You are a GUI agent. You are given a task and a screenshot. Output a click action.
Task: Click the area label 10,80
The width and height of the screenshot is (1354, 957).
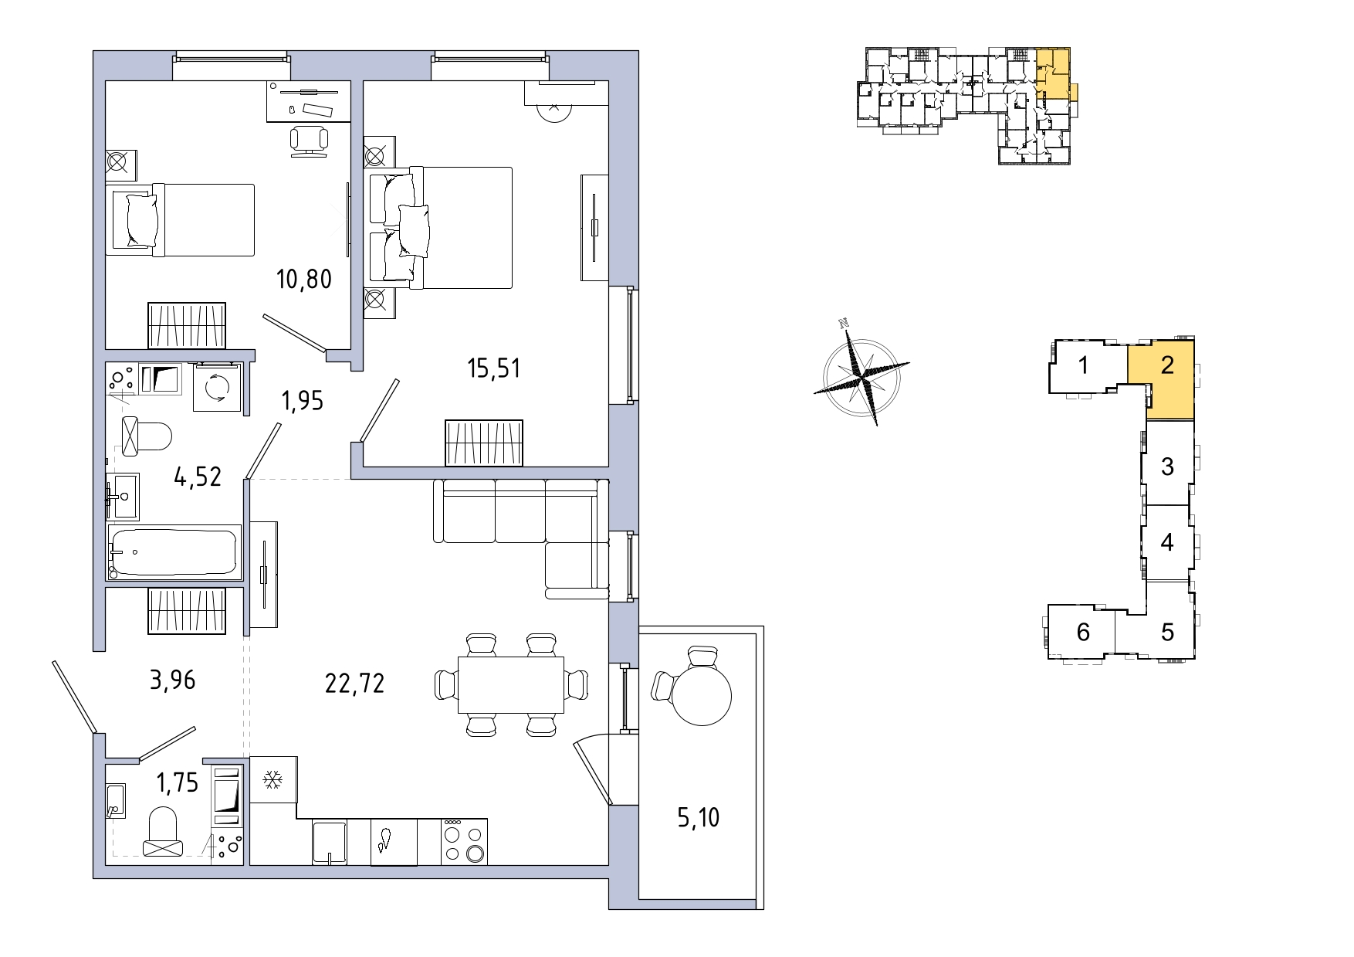[x=304, y=278]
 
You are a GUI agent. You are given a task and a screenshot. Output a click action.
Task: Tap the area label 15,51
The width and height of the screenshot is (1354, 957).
[x=494, y=368]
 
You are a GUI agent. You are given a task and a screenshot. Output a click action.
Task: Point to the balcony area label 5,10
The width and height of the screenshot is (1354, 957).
[x=699, y=816]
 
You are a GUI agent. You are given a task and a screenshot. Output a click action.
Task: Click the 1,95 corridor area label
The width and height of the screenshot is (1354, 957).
[x=303, y=401]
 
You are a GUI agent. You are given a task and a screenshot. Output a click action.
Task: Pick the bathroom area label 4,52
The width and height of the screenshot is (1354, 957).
[x=198, y=477]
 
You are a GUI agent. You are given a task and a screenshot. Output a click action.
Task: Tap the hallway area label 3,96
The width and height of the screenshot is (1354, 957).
[x=171, y=680]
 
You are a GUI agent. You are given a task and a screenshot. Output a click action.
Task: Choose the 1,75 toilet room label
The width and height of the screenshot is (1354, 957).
[x=178, y=783]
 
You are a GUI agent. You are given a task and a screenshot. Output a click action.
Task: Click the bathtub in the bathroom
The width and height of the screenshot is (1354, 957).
[x=174, y=552]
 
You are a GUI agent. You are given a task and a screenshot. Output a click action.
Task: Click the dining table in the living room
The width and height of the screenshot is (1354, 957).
[x=511, y=684]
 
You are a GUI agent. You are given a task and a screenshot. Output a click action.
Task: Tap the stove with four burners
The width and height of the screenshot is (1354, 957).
[x=463, y=842]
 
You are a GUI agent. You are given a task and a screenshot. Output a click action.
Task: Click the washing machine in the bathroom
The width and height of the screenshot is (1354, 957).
[x=218, y=389]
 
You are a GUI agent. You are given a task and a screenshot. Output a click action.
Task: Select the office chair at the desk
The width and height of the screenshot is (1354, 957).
[x=310, y=141]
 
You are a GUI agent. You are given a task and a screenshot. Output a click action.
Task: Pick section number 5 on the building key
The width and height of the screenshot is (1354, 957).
[x=1167, y=632]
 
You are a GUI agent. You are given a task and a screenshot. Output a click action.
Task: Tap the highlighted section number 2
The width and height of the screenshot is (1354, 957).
[x=1167, y=365]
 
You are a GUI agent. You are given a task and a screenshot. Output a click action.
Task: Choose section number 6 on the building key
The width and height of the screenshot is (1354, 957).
[x=1083, y=632]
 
